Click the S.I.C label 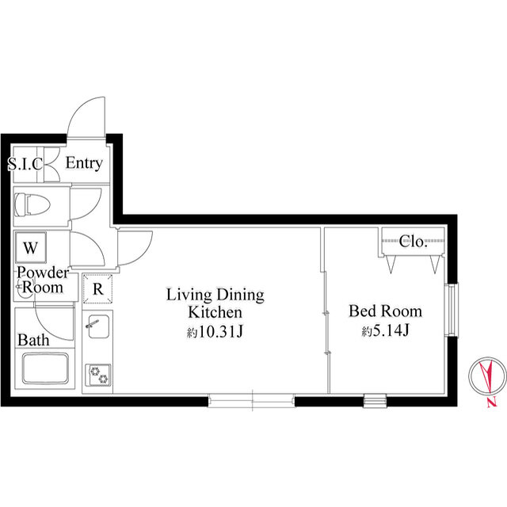click(x=25, y=164)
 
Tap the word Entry click(x=84, y=163)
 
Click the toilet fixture click(x=32, y=204)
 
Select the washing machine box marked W click(x=31, y=247)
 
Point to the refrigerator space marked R click(x=97, y=288)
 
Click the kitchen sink click(x=97, y=326)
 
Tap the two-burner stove click(x=98, y=375)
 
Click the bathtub click(x=46, y=368)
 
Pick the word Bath click(x=33, y=340)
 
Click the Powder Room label click(x=43, y=280)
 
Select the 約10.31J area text click(x=215, y=332)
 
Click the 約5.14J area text click(x=386, y=331)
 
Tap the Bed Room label click(x=386, y=311)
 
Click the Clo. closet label click(x=414, y=241)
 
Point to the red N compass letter click(x=492, y=402)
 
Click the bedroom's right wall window click(x=452, y=310)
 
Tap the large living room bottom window click(x=252, y=401)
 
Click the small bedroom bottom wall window click(x=375, y=401)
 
